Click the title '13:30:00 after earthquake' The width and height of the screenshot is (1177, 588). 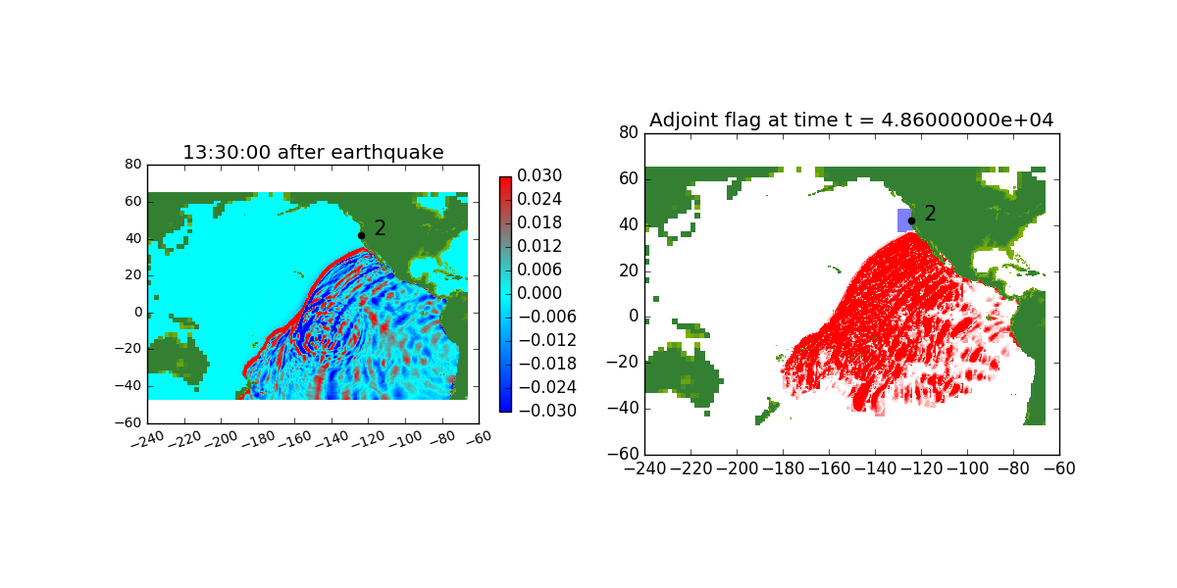pyautogui.click(x=313, y=152)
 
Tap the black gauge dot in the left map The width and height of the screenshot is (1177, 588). pyautogui.click(x=362, y=236)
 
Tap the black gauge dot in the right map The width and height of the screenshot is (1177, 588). pyautogui.click(x=911, y=221)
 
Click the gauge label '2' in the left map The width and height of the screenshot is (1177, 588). pyautogui.click(x=380, y=227)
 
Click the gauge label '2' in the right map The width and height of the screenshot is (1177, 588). pyautogui.click(x=930, y=214)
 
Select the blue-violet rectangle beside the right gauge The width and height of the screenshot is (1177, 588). pyautogui.click(x=903, y=220)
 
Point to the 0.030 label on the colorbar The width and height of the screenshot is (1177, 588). pyautogui.click(x=539, y=175)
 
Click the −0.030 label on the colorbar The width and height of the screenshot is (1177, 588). pyautogui.click(x=547, y=411)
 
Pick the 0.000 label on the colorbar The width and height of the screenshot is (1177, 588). pyautogui.click(x=539, y=293)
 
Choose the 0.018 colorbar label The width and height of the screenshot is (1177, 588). pyautogui.click(x=539, y=222)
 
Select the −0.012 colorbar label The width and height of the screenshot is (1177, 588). pyautogui.click(x=547, y=340)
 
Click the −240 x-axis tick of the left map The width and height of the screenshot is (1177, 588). pyautogui.click(x=148, y=440)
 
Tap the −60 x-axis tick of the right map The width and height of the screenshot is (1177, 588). pyautogui.click(x=1059, y=468)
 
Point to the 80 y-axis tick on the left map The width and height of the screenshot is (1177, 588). pyautogui.click(x=133, y=165)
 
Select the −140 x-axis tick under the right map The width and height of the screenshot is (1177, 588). pyautogui.click(x=875, y=468)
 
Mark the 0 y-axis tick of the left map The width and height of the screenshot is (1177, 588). pyautogui.click(x=138, y=313)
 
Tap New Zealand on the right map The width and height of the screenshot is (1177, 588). pyautogui.click(x=767, y=412)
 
